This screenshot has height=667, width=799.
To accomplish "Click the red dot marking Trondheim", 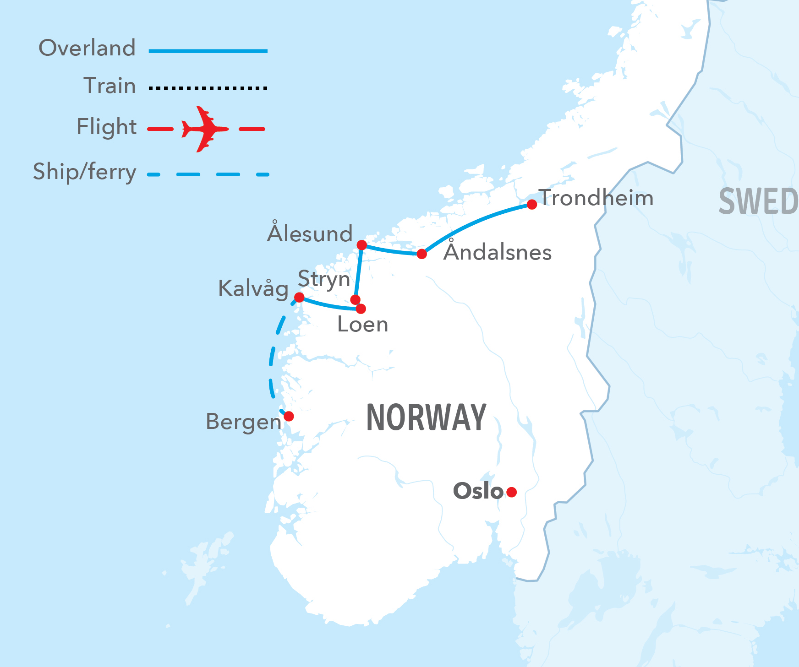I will [531, 204].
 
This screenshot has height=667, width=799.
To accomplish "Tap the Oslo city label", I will [478, 491].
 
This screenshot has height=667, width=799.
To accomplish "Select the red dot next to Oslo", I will [512, 492].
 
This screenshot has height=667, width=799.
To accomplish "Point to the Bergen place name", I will [243, 422].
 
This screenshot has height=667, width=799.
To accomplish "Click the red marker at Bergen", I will [289, 416].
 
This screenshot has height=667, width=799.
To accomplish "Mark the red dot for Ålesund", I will [361, 245].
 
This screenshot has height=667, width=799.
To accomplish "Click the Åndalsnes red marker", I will [422, 254].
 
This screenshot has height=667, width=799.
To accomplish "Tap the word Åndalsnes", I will [498, 252].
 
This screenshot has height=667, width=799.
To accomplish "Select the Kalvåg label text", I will [253, 288].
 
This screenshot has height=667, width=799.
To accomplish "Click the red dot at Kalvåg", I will [299, 297].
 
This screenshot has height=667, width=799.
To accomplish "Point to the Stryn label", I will [324, 279].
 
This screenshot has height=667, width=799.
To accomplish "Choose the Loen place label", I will [362, 325].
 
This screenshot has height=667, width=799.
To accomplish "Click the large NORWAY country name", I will [426, 418].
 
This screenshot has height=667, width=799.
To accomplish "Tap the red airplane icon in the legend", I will [204, 129].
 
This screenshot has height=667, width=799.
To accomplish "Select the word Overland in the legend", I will [87, 48].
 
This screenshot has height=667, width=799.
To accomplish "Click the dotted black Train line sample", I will [208, 88].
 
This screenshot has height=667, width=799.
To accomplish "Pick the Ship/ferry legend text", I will [85, 172].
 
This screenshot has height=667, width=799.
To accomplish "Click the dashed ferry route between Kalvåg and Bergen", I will [272, 357].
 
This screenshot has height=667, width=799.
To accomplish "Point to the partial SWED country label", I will [758, 201].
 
